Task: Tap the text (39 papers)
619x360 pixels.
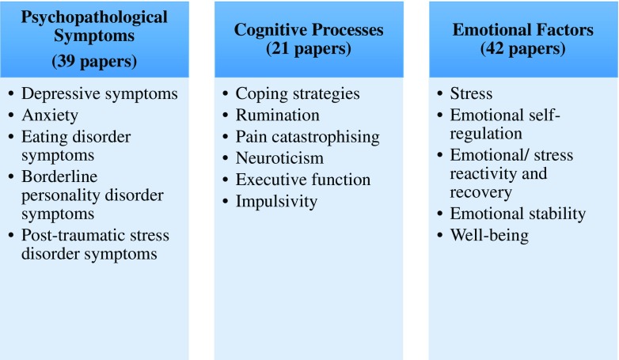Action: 94,60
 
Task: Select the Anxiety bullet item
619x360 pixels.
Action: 51,114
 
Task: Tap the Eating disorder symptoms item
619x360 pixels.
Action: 76,145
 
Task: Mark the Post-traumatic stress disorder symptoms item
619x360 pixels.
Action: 95,244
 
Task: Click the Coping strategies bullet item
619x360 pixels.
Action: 298,93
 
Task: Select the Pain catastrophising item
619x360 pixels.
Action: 307,136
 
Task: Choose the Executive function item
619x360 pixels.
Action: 303,180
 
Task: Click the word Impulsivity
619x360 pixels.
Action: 276,201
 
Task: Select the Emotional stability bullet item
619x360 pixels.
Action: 518,214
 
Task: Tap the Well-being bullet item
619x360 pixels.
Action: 489,235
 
